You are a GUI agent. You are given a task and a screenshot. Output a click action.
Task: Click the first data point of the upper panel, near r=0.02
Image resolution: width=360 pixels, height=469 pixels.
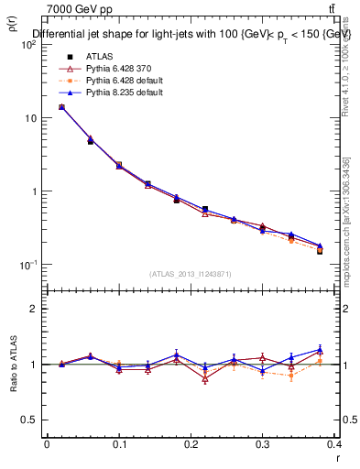(x=61, y=107)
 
